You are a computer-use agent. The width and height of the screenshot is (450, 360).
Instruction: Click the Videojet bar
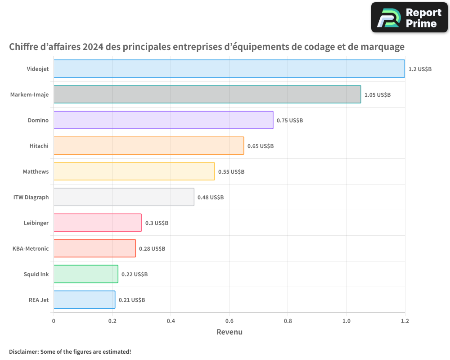[x=229, y=69]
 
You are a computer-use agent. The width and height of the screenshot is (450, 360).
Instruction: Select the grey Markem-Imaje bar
[x=207, y=94]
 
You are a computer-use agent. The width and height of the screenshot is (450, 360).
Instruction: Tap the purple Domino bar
[x=163, y=120]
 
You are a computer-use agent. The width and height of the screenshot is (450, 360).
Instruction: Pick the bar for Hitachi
[x=148, y=146]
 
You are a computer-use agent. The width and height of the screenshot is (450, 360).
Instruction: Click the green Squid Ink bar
[x=85, y=274]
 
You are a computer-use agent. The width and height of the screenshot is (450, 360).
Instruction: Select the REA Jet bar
[x=84, y=300]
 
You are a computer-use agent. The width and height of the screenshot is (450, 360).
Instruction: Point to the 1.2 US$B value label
[x=420, y=69]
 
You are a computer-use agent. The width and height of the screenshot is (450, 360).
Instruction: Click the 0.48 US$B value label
[x=211, y=198]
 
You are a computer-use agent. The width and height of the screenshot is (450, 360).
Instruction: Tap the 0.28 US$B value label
[x=152, y=249]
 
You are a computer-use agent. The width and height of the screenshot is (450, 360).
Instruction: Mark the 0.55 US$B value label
[x=231, y=172]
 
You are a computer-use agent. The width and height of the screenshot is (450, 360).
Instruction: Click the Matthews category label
[x=36, y=171]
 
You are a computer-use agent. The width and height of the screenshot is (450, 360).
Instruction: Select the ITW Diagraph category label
[x=31, y=197]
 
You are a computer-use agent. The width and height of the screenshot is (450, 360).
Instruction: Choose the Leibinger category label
[x=36, y=223]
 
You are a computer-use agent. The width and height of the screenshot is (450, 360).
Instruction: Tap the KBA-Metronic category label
[x=31, y=248]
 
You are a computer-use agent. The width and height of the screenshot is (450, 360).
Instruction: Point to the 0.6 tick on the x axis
[x=229, y=321]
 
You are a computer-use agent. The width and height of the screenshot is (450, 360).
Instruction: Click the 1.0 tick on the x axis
[x=346, y=321]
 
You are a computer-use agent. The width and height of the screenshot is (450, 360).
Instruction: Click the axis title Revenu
[x=229, y=332]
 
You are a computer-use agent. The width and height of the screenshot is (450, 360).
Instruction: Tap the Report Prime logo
[x=409, y=18]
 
